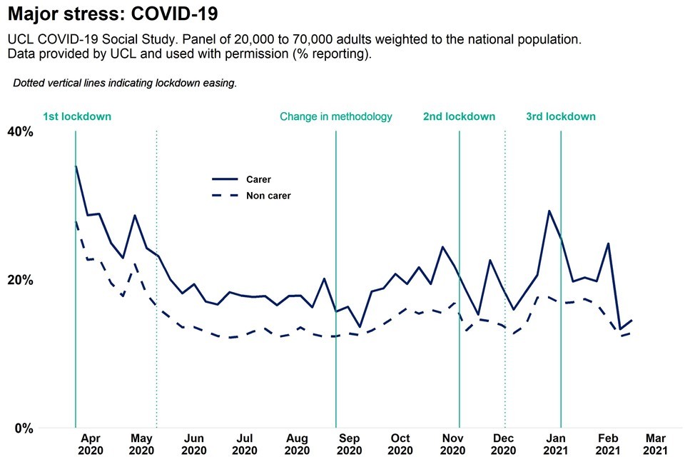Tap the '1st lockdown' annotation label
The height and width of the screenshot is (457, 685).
[x=77, y=116]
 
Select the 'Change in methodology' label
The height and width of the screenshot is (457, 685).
[x=335, y=116]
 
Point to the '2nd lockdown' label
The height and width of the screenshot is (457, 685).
[x=459, y=116]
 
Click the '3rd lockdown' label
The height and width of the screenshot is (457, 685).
[x=561, y=116]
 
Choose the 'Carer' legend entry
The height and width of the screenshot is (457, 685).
[x=258, y=180]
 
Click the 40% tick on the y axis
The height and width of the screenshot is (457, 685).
[x=20, y=131]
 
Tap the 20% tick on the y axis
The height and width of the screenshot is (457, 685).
[x=20, y=280]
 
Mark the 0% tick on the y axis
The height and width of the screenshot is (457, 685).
[x=24, y=428]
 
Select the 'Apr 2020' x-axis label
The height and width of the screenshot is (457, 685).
[x=91, y=444]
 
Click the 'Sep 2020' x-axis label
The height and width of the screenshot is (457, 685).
[x=349, y=444]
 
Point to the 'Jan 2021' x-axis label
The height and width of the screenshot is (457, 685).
[x=557, y=444]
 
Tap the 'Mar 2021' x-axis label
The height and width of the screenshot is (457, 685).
[x=656, y=444]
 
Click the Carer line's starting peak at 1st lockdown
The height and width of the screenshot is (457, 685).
[x=76, y=166]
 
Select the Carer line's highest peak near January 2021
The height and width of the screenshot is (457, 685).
[x=549, y=211]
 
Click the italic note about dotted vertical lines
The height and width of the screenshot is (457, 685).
[x=125, y=83]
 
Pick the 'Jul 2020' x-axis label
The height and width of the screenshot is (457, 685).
[x=245, y=444]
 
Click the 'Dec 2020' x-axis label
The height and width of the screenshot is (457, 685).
[x=504, y=444]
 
